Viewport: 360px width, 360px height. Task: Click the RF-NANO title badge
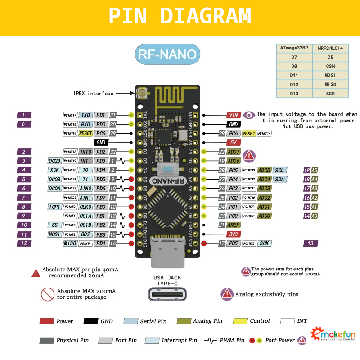coord(167,54)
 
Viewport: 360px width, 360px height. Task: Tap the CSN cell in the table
coord(330,66)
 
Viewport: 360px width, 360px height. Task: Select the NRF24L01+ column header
coord(330,48)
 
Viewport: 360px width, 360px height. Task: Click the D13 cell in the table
coord(294,93)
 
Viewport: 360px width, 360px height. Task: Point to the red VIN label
coord(233,115)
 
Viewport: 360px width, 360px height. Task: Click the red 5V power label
coord(233,143)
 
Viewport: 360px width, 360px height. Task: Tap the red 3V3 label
coord(233,234)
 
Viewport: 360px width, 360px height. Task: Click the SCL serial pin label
coord(280,170)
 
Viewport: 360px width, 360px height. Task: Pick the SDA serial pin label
coord(280,180)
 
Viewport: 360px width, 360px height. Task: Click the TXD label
coord(86,115)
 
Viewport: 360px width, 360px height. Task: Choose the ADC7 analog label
coord(234,152)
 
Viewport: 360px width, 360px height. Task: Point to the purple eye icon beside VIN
coord(249,115)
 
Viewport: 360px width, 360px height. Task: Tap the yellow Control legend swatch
coord(240,321)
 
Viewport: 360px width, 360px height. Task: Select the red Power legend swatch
coord(47,321)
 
